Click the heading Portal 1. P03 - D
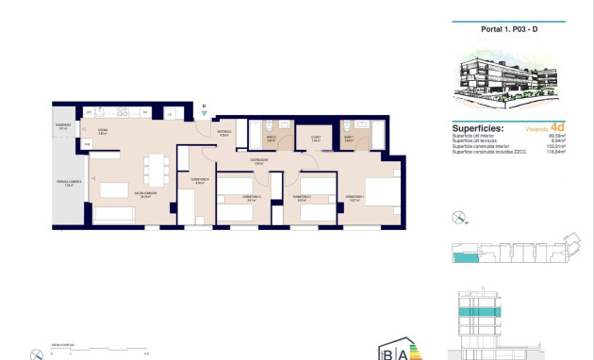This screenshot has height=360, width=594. pos(509,28)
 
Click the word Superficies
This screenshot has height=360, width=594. pos(478,128)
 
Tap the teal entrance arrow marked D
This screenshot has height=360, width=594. pos(204,112)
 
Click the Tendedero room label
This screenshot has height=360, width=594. pos(63,128)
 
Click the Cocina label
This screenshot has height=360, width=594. pos(102,132)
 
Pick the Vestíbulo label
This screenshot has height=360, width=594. pos(224,134)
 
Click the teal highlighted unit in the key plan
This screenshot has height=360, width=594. pos(464,256)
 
